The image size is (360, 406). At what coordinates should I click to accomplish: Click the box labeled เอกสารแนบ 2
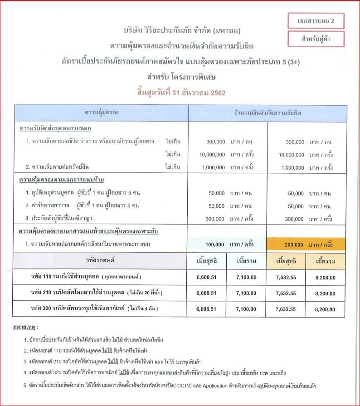(316, 21)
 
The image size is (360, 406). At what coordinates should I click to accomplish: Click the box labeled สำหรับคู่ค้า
(316, 39)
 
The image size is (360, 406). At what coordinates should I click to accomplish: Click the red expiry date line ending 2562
(181, 93)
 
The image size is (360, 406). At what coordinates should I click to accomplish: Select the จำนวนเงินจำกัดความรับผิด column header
(268, 112)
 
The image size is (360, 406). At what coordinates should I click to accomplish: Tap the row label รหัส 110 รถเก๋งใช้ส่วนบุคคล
(86, 277)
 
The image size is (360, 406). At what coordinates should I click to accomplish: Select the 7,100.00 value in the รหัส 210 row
(246, 293)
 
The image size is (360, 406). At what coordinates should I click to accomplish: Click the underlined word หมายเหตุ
(25, 327)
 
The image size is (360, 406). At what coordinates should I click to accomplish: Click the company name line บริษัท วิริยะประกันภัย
(181, 31)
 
